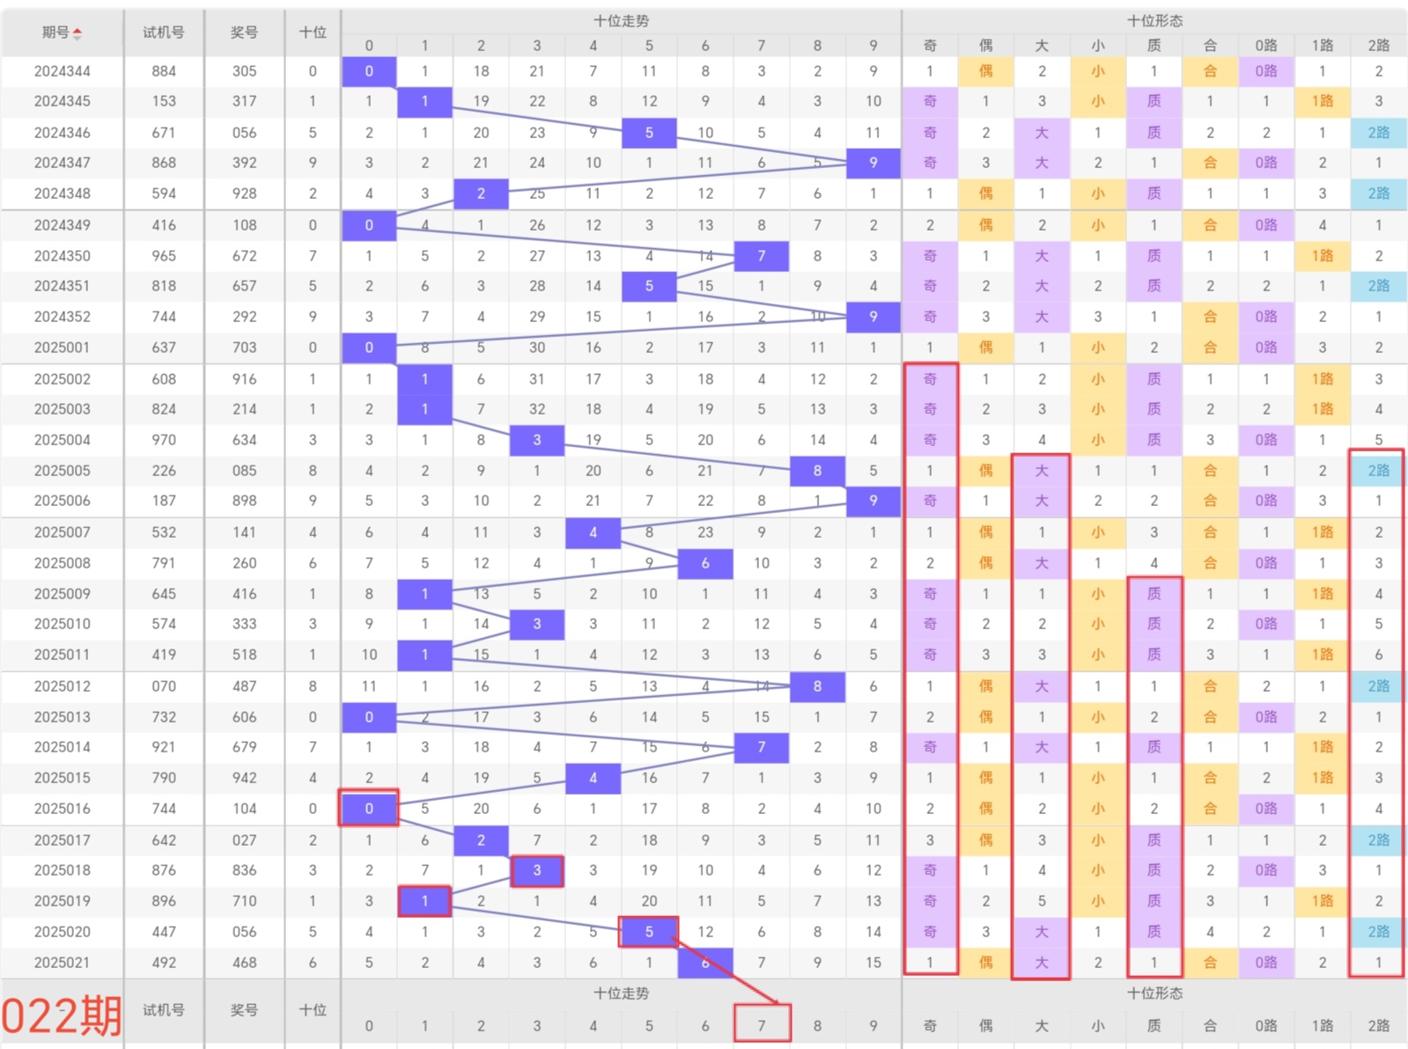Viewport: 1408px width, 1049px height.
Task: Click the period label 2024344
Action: (62, 71)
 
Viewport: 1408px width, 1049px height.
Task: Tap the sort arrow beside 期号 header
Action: (77, 33)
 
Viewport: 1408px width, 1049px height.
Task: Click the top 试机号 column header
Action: (164, 33)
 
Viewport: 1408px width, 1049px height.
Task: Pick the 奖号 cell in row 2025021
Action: (244, 963)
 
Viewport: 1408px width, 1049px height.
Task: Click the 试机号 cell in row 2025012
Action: (164, 686)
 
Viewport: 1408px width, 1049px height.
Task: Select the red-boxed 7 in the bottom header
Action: (762, 1024)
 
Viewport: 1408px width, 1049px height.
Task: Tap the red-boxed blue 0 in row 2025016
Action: (369, 808)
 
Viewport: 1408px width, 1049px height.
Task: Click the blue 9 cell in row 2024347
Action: (873, 163)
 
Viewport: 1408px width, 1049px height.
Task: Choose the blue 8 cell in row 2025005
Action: (817, 471)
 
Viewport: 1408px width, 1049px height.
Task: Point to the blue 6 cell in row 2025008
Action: (705, 563)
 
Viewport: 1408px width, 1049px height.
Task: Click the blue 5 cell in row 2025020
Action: (649, 931)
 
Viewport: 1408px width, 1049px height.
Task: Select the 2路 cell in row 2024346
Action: (1378, 133)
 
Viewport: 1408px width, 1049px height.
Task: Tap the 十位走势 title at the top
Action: (621, 20)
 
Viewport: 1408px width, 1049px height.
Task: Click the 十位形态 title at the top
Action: (1154, 20)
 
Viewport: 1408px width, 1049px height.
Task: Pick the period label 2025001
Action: (62, 348)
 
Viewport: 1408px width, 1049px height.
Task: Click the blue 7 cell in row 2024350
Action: (762, 256)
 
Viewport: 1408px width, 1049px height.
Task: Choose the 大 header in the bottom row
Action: (1042, 1025)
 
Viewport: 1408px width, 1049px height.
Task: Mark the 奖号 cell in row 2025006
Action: (244, 501)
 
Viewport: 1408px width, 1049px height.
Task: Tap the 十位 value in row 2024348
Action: (313, 194)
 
